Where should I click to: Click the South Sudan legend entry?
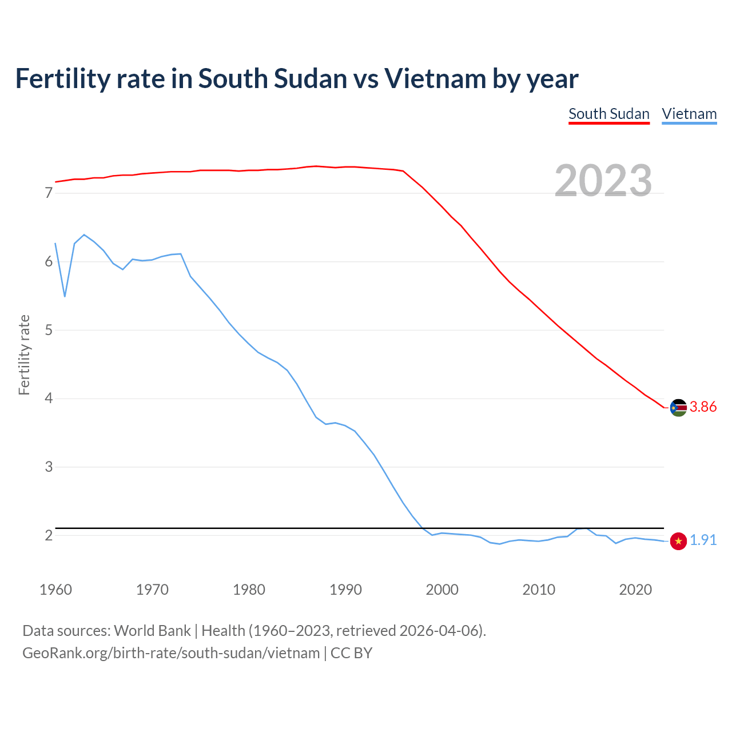(x=609, y=114)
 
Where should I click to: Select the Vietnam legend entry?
(x=689, y=114)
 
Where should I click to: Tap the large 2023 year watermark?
(x=603, y=181)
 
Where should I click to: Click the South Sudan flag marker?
(x=678, y=408)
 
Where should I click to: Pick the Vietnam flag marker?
(x=678, y=541)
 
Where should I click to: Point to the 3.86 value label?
(x=703, y=407)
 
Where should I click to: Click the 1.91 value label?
(x=703, y=540)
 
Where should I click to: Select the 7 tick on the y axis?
(x=49, y=193)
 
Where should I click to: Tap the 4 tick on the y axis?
(x=49, y=399)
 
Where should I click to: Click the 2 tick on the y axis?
(x=49, y=535)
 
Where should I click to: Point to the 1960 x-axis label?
(x=55, y=590)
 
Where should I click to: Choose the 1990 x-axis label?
(x=345, y=590)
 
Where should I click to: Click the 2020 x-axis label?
(x=635, y=590)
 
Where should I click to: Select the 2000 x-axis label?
(x=442, y=590)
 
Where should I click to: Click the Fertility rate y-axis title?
(x=24, y=355)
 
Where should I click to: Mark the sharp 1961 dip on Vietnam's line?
(x=65, y=296)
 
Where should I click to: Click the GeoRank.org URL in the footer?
(x=171, y=653)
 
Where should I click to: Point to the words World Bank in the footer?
(x=152, y=631)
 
